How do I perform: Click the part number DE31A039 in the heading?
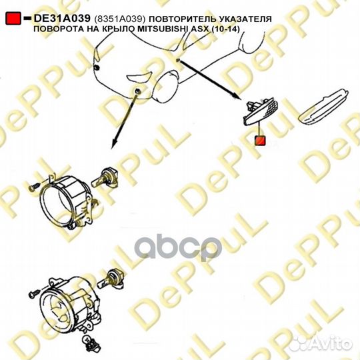[62, 19]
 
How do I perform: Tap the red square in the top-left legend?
[13, 19]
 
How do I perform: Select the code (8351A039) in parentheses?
[119, 19]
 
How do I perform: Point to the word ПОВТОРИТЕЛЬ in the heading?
[181, 19]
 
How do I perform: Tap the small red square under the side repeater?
[260, 140]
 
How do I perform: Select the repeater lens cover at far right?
[323, 106]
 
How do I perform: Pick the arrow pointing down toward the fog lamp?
[124, 119]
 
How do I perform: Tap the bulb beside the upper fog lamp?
[105, 178]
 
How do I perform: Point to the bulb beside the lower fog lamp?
[111, 279]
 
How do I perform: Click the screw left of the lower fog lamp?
[34, 293]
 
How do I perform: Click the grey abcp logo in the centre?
[178, 248]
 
